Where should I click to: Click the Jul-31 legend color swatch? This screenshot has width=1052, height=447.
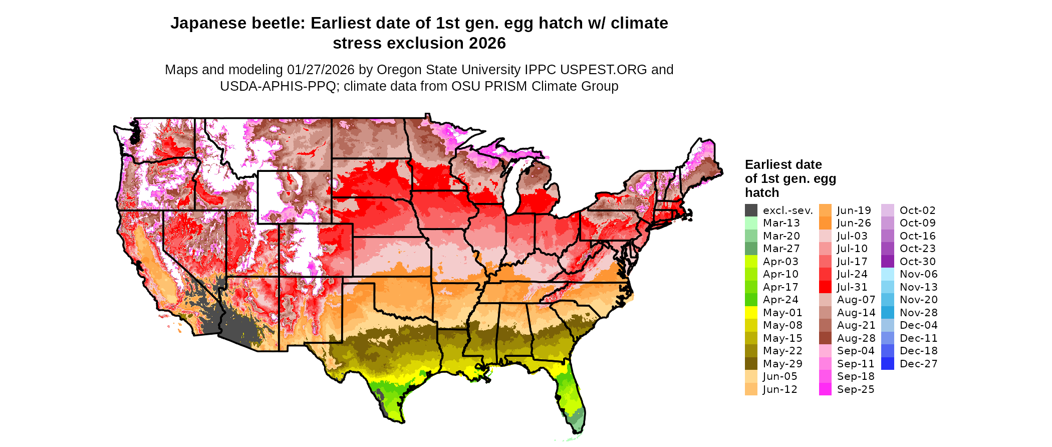point(825,287)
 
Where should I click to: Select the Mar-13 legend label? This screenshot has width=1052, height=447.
point(781,223)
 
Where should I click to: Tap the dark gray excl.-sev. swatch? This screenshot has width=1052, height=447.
point(751,210)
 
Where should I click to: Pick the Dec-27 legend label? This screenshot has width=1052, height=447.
point(918,364)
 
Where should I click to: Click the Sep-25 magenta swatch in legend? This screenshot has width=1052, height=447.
point(825,389)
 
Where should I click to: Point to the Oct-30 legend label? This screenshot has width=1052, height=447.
point(917,262)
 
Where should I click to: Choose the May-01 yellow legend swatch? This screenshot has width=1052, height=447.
point(751,313)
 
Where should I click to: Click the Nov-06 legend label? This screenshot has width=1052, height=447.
point(918,274)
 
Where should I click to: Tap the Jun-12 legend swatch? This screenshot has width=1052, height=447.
point(751,389)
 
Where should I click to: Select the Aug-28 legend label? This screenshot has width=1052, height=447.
point(856,338)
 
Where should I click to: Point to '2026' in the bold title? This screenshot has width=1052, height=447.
point(487,44)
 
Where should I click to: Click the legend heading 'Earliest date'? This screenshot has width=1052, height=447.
point(783,165)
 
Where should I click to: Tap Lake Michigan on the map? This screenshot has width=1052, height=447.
point(511,190)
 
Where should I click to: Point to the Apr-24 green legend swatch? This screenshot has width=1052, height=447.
point(751,300)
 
